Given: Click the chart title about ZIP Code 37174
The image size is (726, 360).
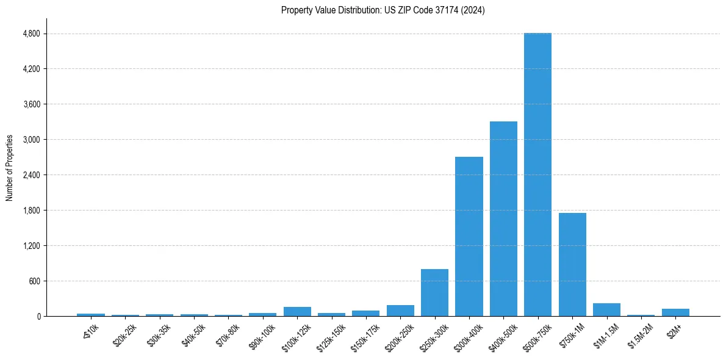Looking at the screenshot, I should [x=383, y=10].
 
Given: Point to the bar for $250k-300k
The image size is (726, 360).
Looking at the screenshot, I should [x=434, y=292].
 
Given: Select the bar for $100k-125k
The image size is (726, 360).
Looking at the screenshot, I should [x=297, y=312].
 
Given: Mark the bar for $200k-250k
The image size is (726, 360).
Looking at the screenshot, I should [x=400, y=311].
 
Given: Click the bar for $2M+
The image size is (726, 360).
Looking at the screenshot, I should [x=675, y=312].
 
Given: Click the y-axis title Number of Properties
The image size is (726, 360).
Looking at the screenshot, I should [x=10, y=168].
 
